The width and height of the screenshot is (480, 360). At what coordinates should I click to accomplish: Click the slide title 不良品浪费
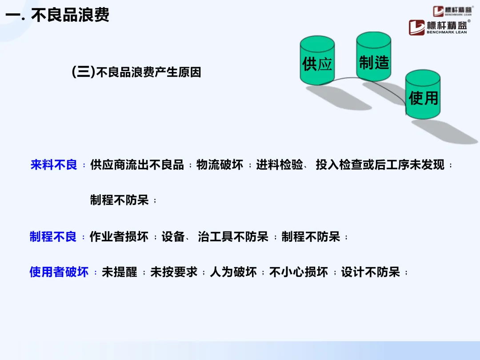point(70,16)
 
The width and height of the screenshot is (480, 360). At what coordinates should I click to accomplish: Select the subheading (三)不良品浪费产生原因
point(136,72)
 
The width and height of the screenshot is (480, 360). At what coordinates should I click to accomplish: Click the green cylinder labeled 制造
point(374,58)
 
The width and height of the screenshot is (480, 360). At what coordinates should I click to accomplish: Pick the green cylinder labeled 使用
point(423,96)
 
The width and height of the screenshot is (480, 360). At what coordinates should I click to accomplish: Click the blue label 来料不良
point(54,165)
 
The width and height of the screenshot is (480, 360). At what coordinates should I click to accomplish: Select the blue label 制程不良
point(53,237)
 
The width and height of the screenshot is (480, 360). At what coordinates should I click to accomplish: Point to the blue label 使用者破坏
point(59,272)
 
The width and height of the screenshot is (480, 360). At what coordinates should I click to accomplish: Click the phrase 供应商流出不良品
point(137,165)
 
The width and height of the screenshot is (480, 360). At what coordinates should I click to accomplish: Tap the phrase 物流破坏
point(220,165)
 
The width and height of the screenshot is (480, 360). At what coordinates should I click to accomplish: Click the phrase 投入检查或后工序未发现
point(380,165)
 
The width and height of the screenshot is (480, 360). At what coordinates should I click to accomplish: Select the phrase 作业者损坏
point(119,237)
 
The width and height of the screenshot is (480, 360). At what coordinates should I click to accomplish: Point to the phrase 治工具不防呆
point(233,237)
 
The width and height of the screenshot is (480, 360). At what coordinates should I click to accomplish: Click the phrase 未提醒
point(120,272)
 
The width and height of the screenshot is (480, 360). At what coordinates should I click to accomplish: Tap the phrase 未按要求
point(174,272)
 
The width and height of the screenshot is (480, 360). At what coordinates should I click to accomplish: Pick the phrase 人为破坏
point(233,272)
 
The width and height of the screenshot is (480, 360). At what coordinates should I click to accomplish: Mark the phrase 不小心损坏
point(299,272)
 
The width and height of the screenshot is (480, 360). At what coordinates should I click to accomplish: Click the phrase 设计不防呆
point(371,272)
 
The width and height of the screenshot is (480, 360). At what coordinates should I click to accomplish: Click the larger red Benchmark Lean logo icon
point(417,28)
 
